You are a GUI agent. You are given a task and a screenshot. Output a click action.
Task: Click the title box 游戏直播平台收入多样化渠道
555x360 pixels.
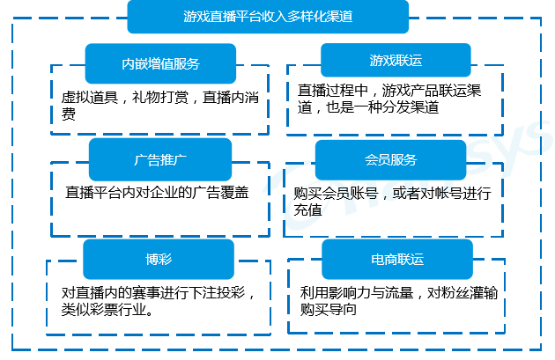click(268, 17)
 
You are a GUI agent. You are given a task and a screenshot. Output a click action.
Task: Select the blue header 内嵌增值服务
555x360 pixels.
click(160, 63)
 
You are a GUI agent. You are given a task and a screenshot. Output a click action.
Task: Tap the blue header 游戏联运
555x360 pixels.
click(396, 60)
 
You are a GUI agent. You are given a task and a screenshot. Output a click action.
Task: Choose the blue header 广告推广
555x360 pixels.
click(160, 160)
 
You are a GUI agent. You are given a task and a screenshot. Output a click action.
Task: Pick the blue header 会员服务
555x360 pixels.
click(391, 160)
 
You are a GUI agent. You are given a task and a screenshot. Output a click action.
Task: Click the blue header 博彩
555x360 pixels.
click(159, 259)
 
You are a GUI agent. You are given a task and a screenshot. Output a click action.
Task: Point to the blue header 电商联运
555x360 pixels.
click(397, 259)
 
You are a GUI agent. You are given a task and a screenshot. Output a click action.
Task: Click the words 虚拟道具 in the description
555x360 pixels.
click(89, 97)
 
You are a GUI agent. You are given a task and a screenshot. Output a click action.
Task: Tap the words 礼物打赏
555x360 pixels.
click(160, 97)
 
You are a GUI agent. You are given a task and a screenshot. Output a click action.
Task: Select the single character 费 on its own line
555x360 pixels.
click(69, 114)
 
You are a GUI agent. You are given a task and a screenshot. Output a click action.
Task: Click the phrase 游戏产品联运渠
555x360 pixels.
click(432, 91)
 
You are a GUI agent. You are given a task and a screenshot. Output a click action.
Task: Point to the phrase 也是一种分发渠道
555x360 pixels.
click(382, 107)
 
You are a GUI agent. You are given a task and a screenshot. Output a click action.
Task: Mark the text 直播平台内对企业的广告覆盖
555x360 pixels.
click(157, 193)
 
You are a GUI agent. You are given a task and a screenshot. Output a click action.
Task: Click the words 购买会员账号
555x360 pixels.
click(336, 193)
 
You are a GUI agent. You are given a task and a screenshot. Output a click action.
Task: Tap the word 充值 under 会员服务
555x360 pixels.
click(307, 210)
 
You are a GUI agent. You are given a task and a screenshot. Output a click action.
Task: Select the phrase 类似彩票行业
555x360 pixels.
click(104, 310)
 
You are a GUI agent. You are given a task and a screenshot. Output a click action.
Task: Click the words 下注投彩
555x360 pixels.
click(217, 293)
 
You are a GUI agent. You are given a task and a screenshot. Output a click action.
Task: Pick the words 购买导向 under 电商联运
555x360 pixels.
click(328, 310)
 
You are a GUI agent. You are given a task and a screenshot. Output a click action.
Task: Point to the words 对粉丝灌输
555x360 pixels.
click(462, 293)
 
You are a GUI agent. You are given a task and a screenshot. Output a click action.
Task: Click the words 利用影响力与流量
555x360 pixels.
click(357, 293)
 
